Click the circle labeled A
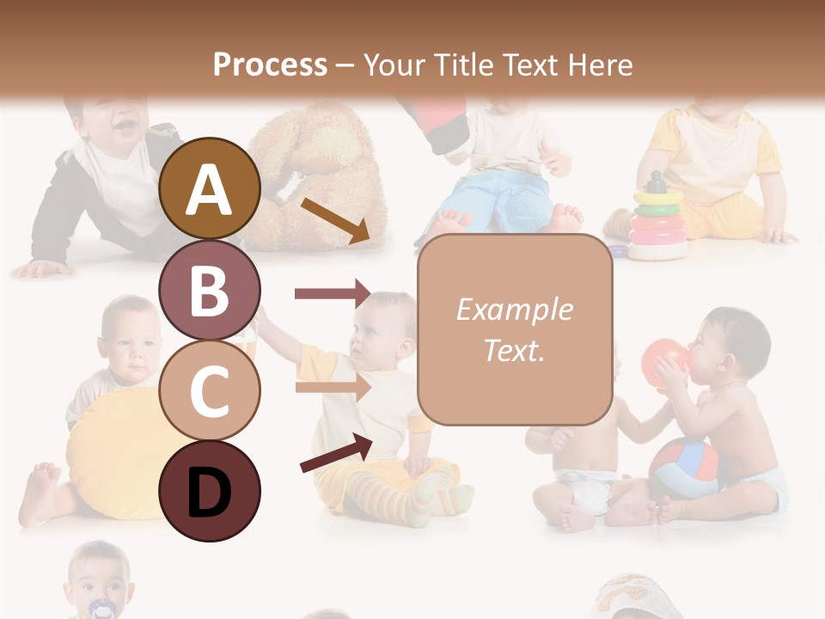(210, 188)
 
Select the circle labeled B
(210, 290)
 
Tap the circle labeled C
(210, 390)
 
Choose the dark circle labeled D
(210, 491)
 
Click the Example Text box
(514, 329)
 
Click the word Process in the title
(270, 64)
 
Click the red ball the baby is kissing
(664, 362)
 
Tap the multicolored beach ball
(683, 469)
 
